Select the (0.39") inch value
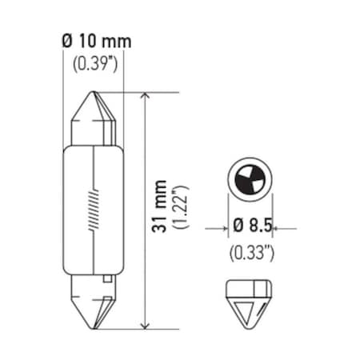coord(95,63)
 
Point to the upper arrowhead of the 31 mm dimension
coord(143,98)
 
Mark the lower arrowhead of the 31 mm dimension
coord(143,323)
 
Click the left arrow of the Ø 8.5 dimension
coord(222,228)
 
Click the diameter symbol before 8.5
coord(238,228)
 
